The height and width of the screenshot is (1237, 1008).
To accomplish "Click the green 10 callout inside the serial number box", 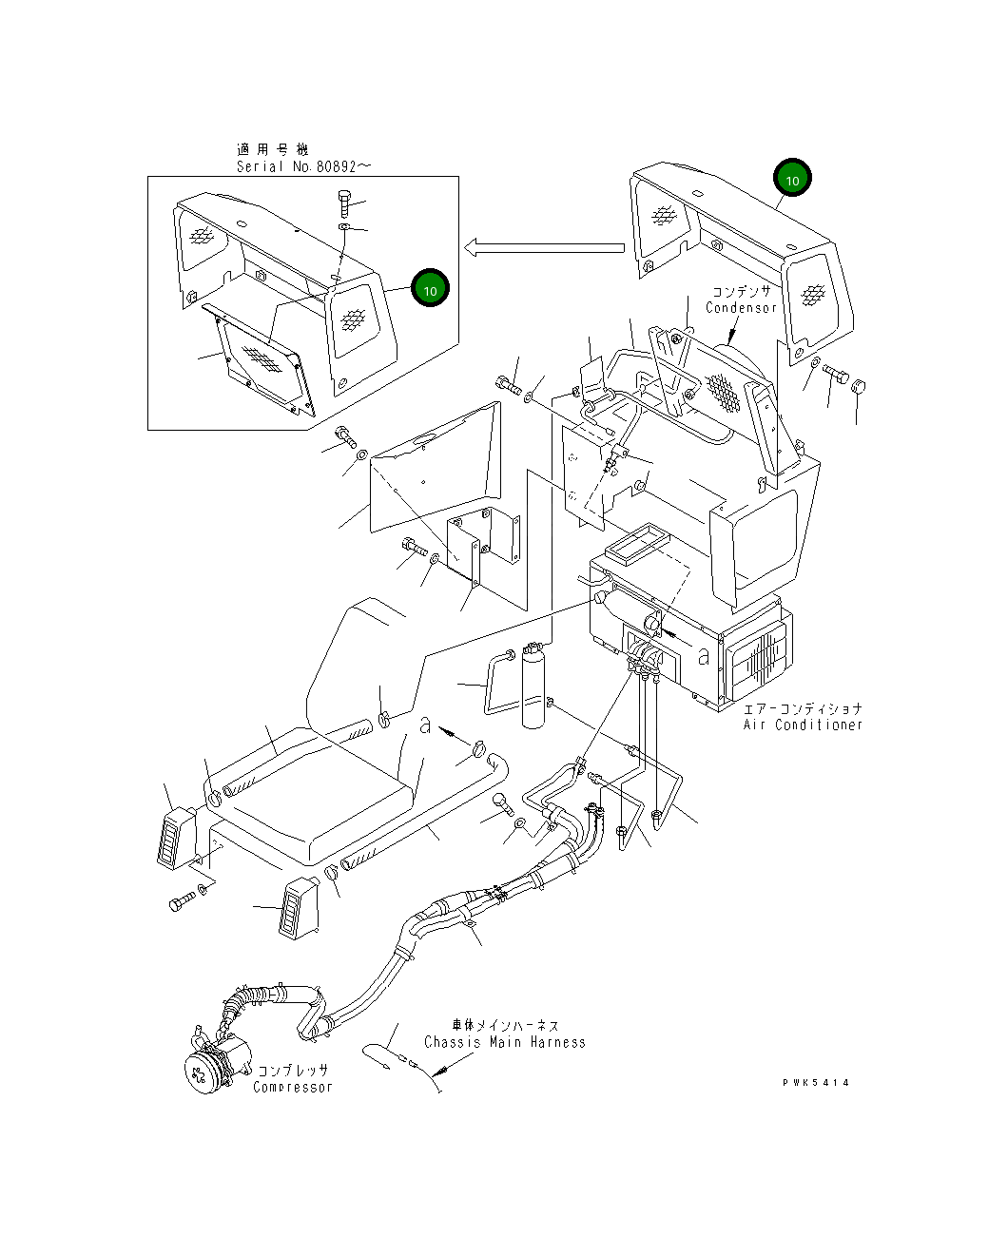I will coord(430,289).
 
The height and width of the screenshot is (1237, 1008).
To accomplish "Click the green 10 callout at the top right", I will coord(792,178).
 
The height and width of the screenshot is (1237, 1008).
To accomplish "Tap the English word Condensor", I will coord(741,308).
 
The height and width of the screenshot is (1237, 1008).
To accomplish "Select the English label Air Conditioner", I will coord(803,725).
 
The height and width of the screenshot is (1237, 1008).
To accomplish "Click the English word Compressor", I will coord(293,1087).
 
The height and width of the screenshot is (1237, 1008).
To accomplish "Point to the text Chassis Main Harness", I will coord(504,1042).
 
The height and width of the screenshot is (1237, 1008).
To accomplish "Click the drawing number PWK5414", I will coord(816,1082).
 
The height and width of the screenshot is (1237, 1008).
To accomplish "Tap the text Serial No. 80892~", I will coord(304,166).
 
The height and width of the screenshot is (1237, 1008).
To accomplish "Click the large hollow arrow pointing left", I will coord(543,248).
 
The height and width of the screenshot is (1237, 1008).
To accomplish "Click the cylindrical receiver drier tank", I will coord(535,689).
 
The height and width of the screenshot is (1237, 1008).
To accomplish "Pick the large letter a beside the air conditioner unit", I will coord(703,656).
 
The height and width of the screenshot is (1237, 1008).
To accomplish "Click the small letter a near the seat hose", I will coord(426,725).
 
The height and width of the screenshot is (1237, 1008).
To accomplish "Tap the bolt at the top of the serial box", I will coord(344,203).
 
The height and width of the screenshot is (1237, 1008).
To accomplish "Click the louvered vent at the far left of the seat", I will coord(175,838).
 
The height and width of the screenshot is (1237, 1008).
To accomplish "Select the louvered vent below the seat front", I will coord(297,908).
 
